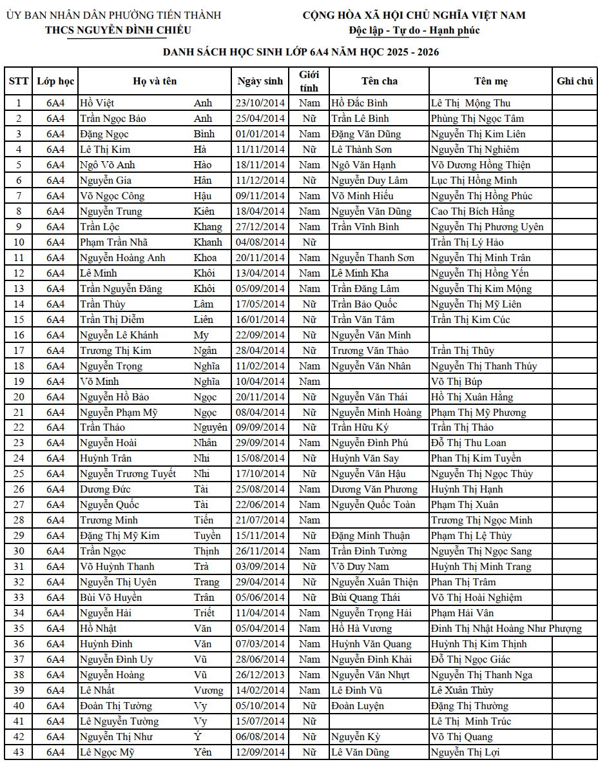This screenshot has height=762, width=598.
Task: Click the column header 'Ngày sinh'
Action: pos(260,81)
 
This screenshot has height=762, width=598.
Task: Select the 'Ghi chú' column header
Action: pos(575,81)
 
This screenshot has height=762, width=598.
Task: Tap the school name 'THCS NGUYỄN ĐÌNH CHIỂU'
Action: pos(118,30)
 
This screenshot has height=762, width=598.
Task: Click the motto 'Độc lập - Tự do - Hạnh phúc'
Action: pos(414,30)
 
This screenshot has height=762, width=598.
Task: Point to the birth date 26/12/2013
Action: pos(260,675)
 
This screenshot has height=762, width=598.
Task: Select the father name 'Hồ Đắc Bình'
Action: pos(359,103)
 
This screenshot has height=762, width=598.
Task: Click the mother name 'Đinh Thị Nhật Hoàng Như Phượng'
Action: pos(506,629)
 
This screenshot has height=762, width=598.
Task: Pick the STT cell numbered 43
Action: pos(19,752)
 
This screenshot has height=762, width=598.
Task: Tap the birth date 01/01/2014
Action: pos(260,134)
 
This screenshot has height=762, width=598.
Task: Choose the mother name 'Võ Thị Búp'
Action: pos(456,382)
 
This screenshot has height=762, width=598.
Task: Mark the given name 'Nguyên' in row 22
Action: pos(210,427)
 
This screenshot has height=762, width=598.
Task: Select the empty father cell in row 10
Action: pos(377,242)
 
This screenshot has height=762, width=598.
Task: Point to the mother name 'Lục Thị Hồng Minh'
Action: pos(474,181)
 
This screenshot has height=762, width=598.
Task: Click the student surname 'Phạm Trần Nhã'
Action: pos(113,242)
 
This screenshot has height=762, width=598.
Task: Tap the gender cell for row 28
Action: pos(309,520)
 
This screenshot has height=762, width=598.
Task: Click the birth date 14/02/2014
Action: pos(260,690)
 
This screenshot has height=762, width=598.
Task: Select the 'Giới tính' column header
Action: pos(309,81)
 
